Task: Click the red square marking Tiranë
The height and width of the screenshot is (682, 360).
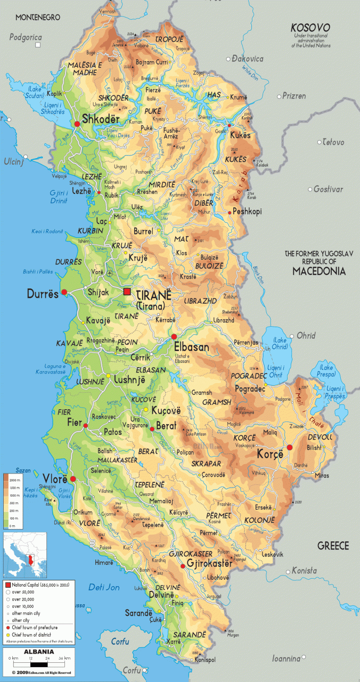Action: [x=127, y=291]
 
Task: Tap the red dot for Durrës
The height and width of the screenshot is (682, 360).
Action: [x=64, y=292]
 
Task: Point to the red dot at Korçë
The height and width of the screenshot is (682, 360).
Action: [x=290, y=448]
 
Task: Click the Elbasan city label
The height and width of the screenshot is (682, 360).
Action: [x=191, y=347]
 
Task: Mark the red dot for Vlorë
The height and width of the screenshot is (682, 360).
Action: [x=73, y=479]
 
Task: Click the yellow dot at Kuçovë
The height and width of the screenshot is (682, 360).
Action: [x=161, y=409]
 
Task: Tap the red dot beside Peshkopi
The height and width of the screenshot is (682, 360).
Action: [x=230, y=212]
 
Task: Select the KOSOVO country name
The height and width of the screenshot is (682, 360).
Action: [x=310, y=27]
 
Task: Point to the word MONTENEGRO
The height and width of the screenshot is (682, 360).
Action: [x=38, y=18]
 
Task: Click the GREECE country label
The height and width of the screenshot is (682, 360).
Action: [x=333, y=546]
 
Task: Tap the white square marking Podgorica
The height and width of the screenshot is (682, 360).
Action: [x=37, y=45]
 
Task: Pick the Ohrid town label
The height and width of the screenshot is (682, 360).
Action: [x=306, y=336]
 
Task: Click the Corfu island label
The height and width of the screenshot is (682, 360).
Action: [x=120, y=642]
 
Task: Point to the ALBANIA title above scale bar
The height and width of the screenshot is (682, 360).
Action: [x=37, y=652]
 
